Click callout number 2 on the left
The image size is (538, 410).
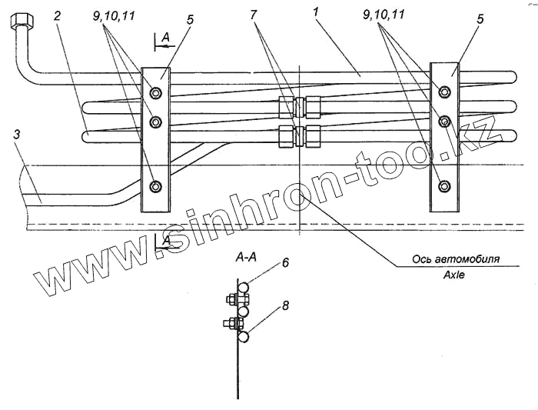pos(58,15)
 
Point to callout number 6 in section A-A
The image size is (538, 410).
pos(284,262)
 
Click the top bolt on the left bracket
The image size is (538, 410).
pos(156,94)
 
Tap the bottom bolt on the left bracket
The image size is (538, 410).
pos(156,187)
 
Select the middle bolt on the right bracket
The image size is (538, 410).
pos(443,121)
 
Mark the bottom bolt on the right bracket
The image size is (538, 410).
pos(443,186)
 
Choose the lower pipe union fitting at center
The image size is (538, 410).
pos(299,135)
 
